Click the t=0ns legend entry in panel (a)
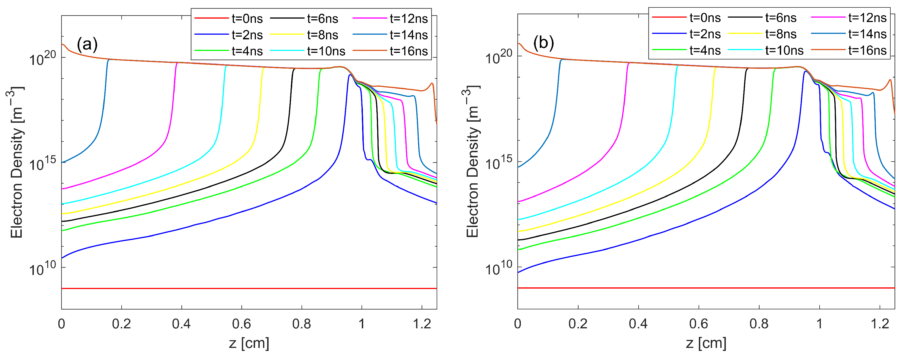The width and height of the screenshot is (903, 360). point(247,19)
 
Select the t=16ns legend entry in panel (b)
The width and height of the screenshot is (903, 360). point(867,50)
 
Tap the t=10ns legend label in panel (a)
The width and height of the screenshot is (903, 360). point(326,51)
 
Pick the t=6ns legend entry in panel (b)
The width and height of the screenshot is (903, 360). point(781,18)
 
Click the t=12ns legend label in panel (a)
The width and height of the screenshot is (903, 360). point(409,19)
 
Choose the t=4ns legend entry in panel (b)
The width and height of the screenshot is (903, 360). point(705,50)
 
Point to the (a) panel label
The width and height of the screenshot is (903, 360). point(87,45)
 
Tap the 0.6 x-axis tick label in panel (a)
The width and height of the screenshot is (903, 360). point(242,324)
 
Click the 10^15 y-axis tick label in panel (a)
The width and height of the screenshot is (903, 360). point(42,164)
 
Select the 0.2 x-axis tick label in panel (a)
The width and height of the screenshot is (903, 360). point(121,324)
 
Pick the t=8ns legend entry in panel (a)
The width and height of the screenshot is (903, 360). point(322,35)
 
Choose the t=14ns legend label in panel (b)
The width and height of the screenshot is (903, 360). point(867,34)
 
